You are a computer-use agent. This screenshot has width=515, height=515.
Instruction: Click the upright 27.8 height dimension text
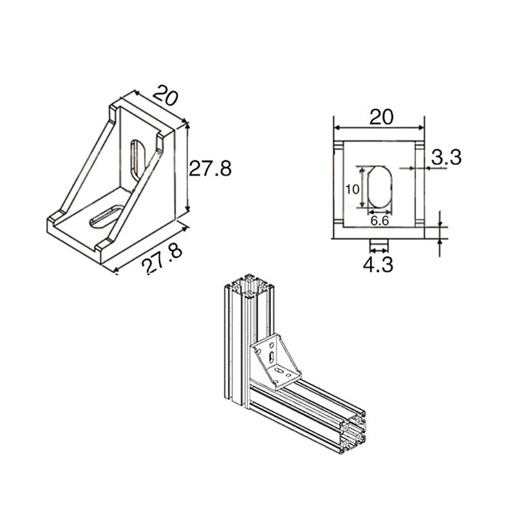pos(210,169)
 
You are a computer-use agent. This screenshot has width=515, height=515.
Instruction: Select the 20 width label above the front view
pos(381,117)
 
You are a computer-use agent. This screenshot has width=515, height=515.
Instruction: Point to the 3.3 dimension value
pos(446,157)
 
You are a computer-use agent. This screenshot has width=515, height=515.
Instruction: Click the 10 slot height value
pos(351,189)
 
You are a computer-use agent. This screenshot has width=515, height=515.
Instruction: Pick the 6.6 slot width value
pos(380,221)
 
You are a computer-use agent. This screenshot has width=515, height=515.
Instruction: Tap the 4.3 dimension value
pos(380,264)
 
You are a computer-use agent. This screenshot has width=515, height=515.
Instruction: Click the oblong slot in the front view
pos(380,188)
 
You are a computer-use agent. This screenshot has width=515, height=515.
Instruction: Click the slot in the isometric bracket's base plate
pos(105,215)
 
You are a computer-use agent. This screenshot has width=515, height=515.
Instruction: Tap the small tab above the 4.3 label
pos(380,244)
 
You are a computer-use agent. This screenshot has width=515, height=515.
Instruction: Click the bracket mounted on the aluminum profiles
pos(276,363)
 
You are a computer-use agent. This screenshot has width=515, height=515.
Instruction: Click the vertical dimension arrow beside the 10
pos(362,188)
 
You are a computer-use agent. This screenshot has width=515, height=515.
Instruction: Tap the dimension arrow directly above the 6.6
pos(380,212)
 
